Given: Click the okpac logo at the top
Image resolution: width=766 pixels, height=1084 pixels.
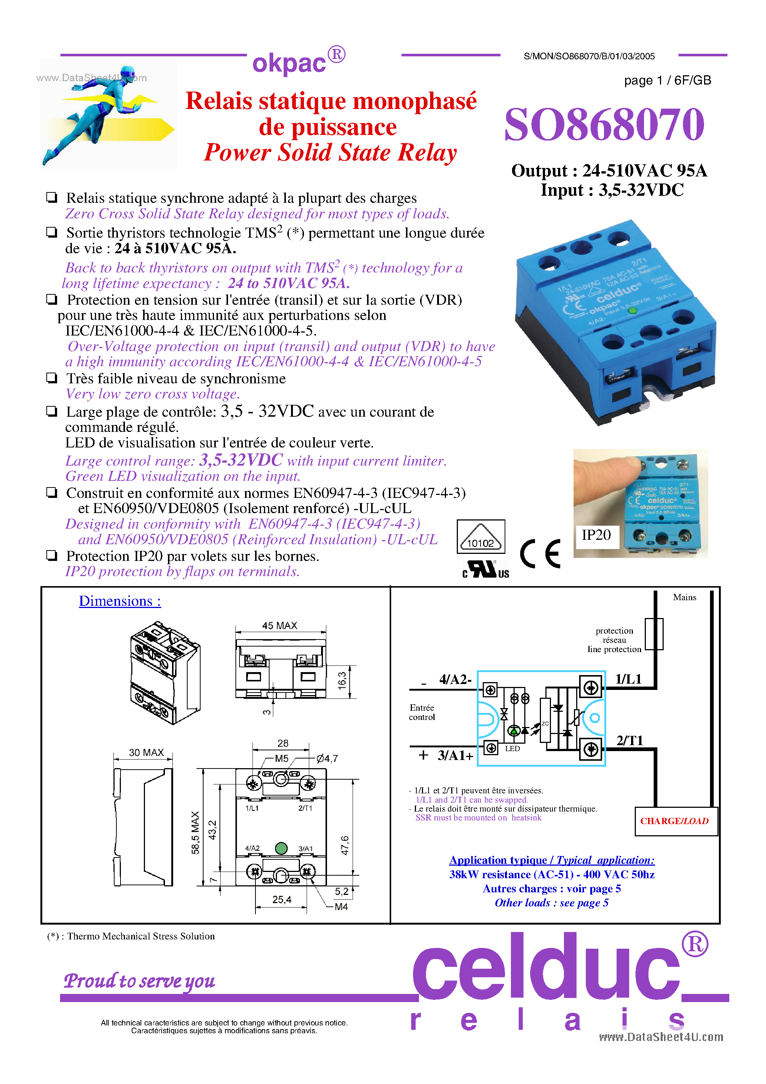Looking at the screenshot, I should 298,62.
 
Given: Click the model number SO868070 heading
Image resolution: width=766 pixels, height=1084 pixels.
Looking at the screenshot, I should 604,125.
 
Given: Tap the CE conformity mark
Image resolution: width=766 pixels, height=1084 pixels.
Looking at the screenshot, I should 540,553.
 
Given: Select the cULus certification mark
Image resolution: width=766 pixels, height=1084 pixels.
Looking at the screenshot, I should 485,569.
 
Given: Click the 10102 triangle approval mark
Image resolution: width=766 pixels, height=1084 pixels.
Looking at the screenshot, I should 481,537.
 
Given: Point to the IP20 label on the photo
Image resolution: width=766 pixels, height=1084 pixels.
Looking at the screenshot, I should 596,535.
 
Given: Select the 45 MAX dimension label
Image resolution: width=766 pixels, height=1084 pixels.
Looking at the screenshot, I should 280,625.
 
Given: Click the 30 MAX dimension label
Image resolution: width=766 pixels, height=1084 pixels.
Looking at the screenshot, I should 146,753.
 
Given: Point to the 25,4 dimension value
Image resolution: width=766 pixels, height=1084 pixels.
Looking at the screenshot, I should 281,900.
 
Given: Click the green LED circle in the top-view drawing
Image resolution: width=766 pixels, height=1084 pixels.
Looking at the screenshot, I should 281,849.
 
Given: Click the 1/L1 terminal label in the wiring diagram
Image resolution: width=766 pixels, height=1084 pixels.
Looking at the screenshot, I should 628,680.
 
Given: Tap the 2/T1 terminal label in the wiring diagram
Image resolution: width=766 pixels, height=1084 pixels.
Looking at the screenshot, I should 630,740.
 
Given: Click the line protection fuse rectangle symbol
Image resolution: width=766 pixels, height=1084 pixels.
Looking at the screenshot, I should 654,634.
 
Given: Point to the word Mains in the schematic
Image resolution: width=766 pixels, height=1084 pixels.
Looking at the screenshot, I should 684,597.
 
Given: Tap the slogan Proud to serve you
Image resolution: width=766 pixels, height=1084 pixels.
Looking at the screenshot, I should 139,980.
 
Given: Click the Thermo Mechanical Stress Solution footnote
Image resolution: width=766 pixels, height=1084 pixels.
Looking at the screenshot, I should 131,936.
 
